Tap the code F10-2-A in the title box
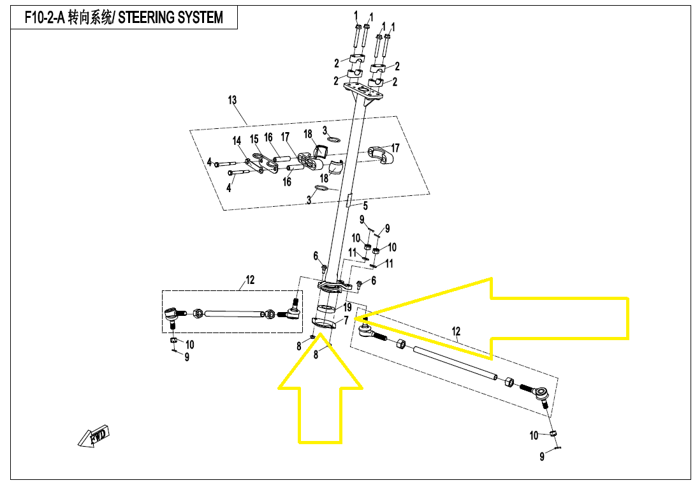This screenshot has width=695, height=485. [x=44, y=17]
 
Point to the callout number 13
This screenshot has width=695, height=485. [x=232, y=100]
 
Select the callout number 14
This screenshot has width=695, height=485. [x=237, y=141]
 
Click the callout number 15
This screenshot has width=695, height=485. [x=254, y=139]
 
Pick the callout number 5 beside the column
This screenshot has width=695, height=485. [x=365, y=205]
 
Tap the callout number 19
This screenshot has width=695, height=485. [x=347, y=308]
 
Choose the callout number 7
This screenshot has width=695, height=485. [x=346, y=320]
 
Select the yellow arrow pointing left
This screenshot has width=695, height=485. [x=510, y=317]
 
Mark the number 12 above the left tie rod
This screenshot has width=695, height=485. [x=250, y=280]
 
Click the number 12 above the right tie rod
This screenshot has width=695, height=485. [x=456, y=331]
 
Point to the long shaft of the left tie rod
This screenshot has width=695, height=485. [x=235, y=313]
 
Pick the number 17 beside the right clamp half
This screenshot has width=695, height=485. [x=404, y=148]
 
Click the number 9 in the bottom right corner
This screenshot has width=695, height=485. [x=542, y=456]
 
